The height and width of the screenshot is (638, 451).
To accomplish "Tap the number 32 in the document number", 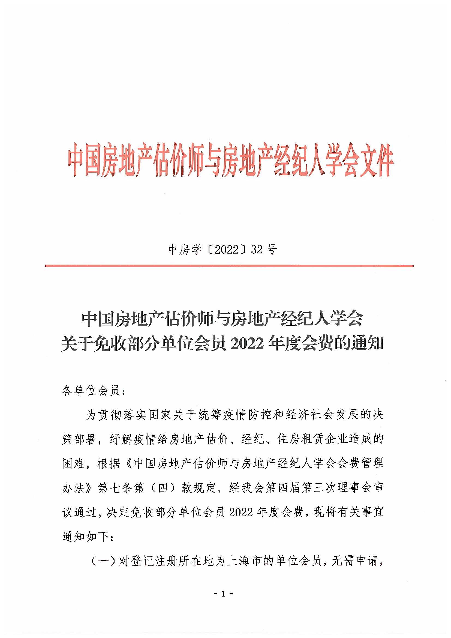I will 257,250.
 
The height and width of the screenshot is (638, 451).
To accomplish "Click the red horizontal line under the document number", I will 229,266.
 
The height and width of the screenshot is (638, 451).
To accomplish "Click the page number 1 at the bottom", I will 223,594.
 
